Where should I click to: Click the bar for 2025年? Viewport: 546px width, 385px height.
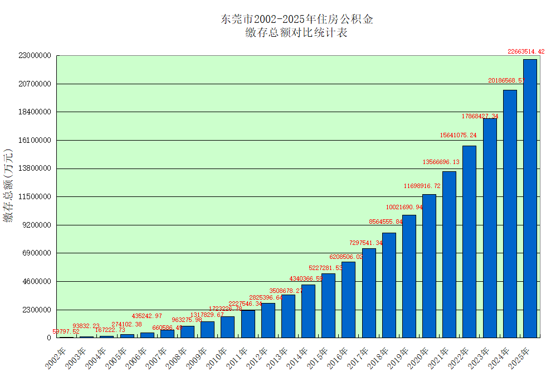(530, 198)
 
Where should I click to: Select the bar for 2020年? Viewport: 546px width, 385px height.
(429, 266)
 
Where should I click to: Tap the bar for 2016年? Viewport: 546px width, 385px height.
(348, 300)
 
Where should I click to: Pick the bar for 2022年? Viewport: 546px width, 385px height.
(469, 242)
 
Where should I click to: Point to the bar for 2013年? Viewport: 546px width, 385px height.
(288, 316)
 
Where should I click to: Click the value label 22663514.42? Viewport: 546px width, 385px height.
(525, 51)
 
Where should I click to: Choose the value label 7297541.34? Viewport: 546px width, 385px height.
(366, 243)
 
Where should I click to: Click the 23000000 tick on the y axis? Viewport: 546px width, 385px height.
(35, 56)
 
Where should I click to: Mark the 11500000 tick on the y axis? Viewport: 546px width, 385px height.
(35, 197)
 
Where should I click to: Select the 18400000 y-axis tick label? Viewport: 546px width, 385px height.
(35, 112)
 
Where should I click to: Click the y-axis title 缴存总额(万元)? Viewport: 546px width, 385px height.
(8, 186)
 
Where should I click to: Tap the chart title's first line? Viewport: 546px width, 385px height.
(297, 19)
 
